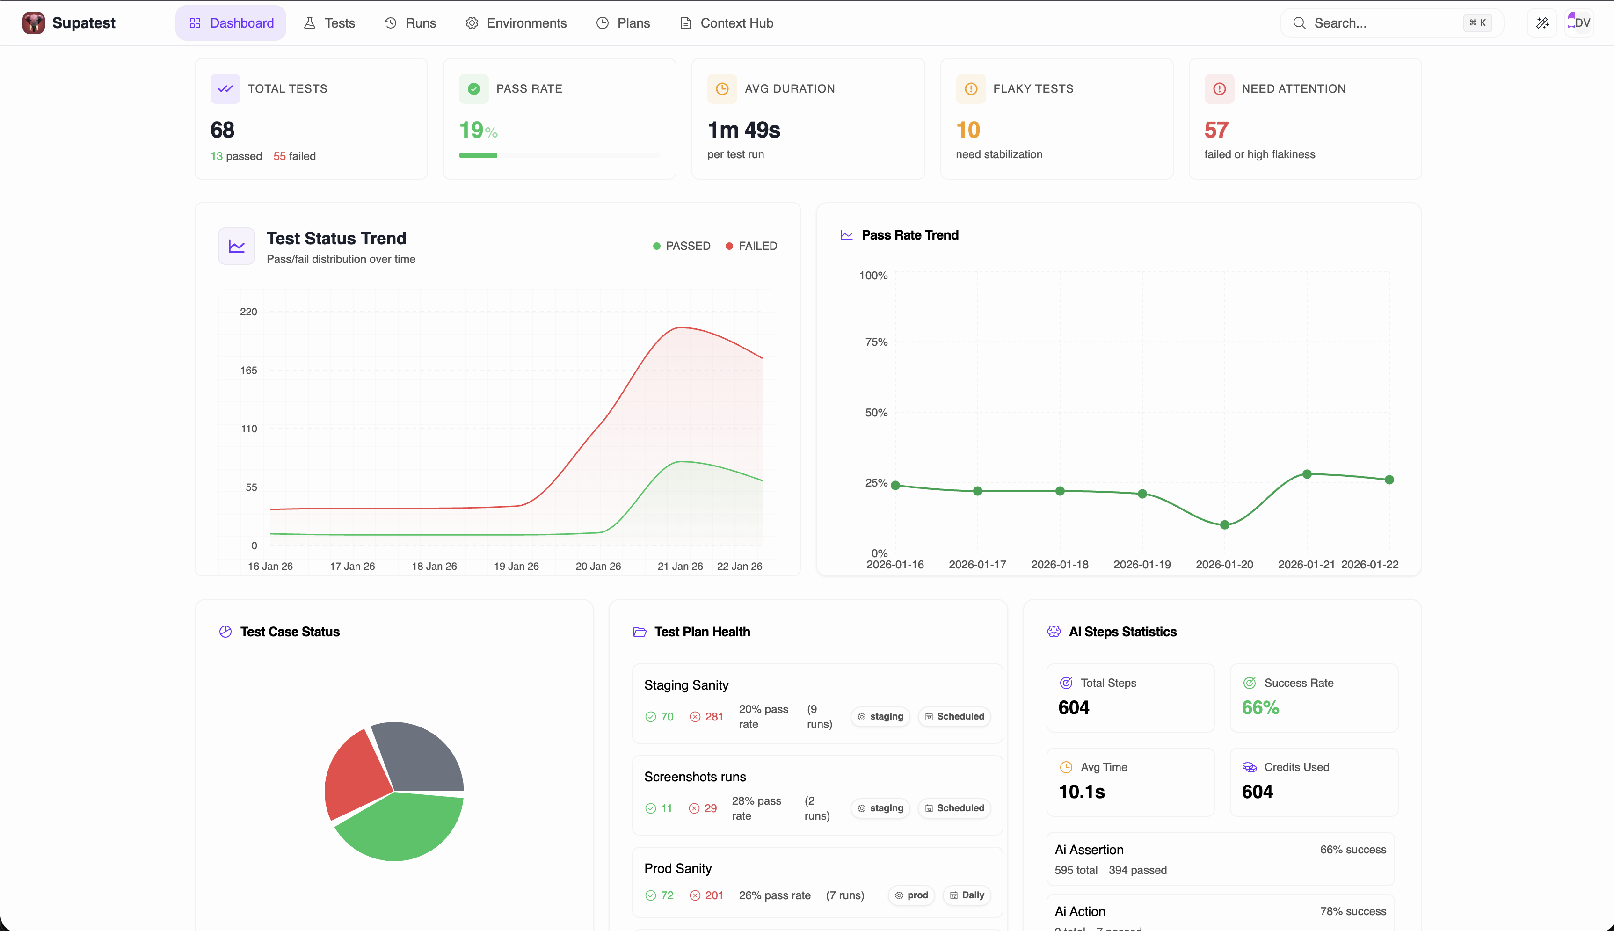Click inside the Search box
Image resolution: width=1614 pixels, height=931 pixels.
[x=1374, y=23]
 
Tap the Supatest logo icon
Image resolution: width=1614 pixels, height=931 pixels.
[x=33, y=23]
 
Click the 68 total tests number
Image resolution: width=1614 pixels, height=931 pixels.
[x=222, y=130]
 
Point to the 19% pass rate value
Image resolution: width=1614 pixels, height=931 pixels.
[x=478, y=130]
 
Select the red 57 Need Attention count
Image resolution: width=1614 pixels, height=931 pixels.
[x=1216, y=130]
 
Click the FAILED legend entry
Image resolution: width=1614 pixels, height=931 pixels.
[x=752, y=246]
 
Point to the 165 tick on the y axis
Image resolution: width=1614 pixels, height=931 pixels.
[x=249, y=370]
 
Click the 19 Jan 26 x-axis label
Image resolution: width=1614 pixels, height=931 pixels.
[x=516, y=567]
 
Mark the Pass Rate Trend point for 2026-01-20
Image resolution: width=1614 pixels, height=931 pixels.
[x=1224, y=525]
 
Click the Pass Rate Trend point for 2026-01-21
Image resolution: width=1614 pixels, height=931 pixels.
[x=1307, y=474]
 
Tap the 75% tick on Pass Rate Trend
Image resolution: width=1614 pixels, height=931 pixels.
[x=876, y=342]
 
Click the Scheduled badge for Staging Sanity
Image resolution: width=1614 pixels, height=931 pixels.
[x=954, y=716]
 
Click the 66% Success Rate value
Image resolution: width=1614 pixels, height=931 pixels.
[x=1260, y=708]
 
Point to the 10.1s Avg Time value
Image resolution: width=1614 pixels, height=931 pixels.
[x=1082, y=792]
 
